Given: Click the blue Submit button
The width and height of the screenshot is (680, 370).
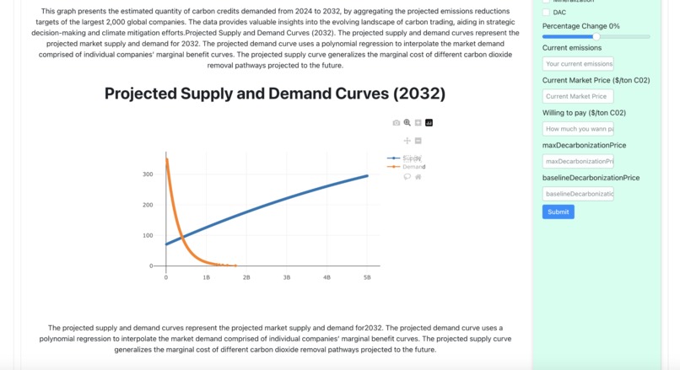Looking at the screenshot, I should pos(558,212).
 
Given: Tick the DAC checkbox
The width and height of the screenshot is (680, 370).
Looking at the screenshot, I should pos(546,13).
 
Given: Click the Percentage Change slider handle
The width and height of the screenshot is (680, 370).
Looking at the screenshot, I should pos(596,37).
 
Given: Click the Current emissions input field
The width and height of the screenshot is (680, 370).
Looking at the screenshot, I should pos(578,64).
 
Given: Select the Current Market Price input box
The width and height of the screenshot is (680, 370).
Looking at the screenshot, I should pos(578,96).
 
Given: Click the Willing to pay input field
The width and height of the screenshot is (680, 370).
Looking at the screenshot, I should pos(578,129).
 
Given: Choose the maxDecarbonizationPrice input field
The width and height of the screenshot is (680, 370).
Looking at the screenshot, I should pos(578,161).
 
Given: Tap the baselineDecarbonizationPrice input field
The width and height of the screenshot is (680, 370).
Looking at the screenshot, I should pos(578,194).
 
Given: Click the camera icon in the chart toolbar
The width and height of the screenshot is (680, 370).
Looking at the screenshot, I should pos(397,123).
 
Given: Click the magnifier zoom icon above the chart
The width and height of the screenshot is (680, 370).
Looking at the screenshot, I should pos(407,123).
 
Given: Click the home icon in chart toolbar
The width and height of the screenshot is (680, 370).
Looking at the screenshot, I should pos(418,177).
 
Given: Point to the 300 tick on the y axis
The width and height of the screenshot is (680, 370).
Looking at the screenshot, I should pos(148,174).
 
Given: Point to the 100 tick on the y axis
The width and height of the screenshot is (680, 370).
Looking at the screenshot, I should pos(148,235).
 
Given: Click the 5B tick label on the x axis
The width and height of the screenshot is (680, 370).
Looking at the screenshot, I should pos(367,277).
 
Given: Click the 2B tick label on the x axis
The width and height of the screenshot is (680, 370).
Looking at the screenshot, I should pos(246,277).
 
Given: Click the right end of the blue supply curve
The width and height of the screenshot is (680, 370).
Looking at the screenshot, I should pos(367,176).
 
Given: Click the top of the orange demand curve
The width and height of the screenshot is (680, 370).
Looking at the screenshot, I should pos(167,159).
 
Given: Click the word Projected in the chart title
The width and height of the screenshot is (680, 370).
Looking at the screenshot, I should pos(149,93).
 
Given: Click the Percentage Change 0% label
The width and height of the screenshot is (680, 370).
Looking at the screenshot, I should pos(580,26).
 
